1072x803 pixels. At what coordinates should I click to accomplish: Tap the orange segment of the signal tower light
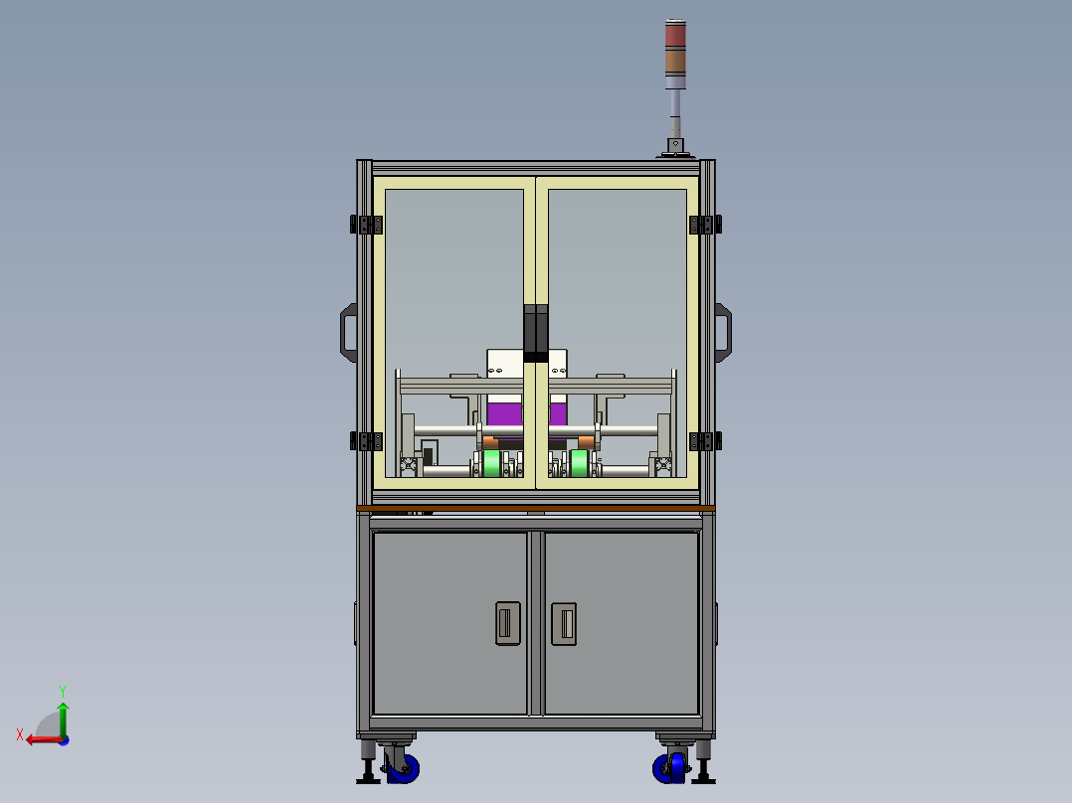[x=675, y=62]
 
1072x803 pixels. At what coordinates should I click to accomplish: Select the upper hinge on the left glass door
[x=366, y=225]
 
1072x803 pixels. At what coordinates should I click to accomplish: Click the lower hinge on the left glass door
[x=366, y=441]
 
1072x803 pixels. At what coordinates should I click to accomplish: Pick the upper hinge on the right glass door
[x=706, y=225]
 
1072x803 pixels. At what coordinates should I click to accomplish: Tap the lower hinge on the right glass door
[x=706, y=441]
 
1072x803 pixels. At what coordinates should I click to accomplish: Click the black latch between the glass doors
[x=536, y=334]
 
